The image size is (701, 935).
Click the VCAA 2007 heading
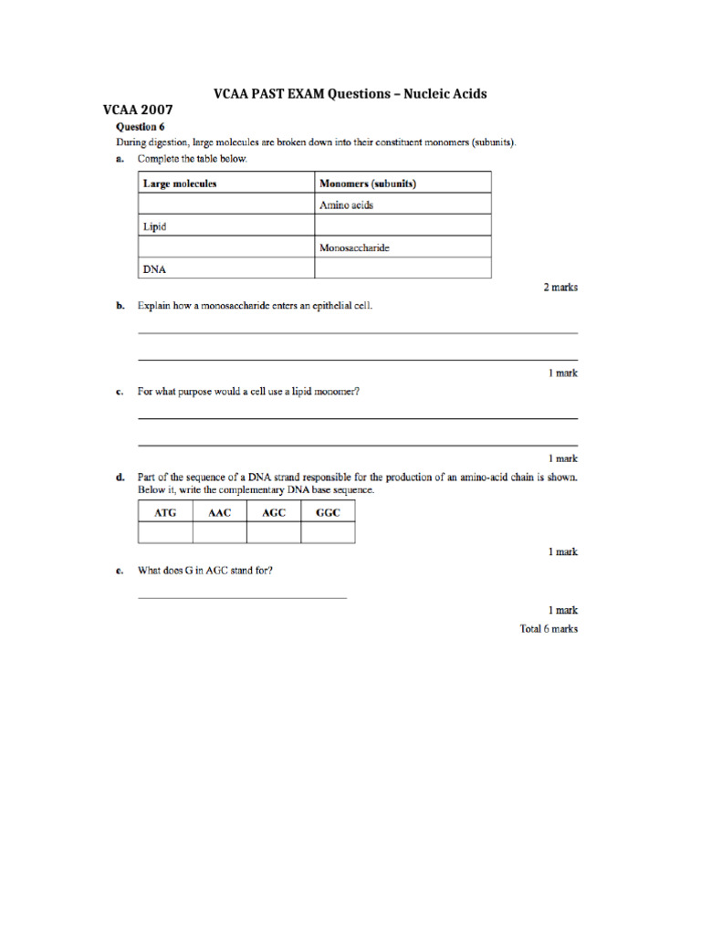[137, 110]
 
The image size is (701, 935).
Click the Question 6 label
[140, 126]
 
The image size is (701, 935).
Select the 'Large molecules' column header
[180, 184]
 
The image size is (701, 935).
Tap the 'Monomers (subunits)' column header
[368, 184]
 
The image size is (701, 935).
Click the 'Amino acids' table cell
[346, 205]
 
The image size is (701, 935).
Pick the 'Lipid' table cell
[154, 226]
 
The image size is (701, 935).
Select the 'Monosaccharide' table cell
[360, 247]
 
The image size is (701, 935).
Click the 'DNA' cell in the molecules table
[154, 268]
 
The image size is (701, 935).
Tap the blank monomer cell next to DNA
[403, 268]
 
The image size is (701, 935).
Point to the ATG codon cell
[165, 512]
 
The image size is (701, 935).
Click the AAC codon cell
[220, 512]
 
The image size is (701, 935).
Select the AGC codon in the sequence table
[274, 512]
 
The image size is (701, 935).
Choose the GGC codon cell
[328, 512]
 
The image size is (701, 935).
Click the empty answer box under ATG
[165, 532]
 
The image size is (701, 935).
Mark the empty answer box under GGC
[328, 532]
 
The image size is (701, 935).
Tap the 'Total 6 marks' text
[549, 629]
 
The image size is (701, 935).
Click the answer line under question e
[242, 597]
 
